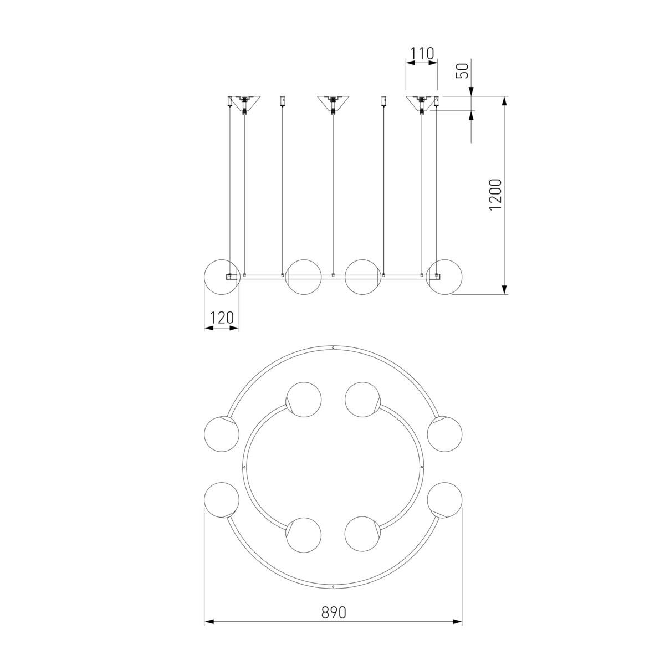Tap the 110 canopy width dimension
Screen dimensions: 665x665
click(x=422, y=54)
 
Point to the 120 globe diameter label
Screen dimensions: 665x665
click(x=222, y=317)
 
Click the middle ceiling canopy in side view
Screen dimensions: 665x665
click(x=332, y=104)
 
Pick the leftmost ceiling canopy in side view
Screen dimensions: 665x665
click(x=244, y=104)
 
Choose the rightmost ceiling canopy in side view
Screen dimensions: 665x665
click(x=421, y=104)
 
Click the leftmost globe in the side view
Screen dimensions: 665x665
click(x=222, y=277)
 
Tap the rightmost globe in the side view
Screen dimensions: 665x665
click(x=444, y=277)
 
